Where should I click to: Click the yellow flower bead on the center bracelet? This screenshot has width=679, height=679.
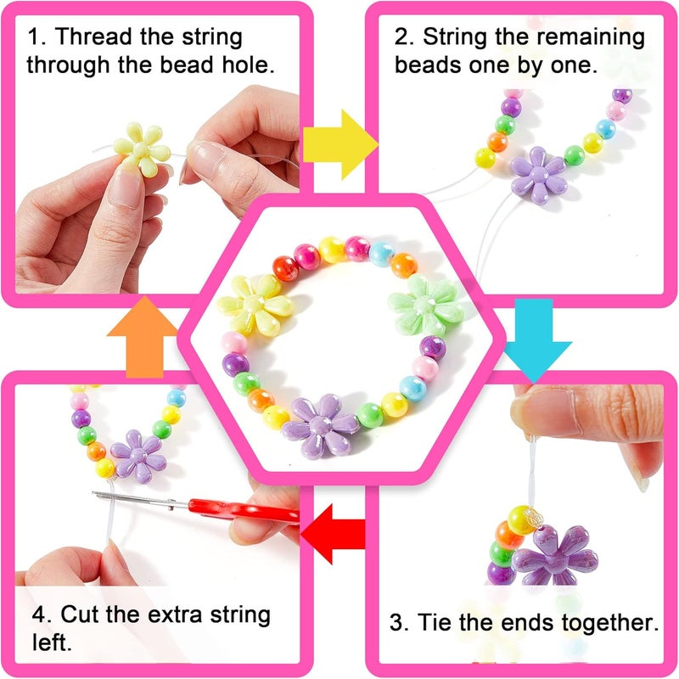[x=255, y=303]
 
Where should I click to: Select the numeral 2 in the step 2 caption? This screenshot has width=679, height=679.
[x=402, y=37]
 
